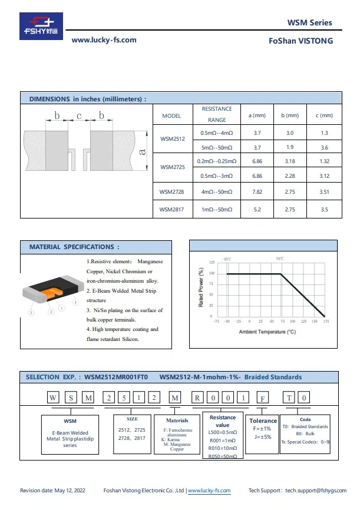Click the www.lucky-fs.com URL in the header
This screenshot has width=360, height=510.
[x=104, y=40]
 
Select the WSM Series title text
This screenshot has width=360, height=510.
[x=309, y=23]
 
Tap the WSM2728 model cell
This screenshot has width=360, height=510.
[x=172, y=191]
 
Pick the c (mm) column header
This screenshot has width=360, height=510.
[x=324, y=115]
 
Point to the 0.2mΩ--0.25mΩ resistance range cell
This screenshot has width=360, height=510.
[x=217, y=161]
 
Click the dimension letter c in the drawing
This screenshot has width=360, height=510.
[x=78, y=116]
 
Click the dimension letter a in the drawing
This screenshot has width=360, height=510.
[x=141, y=152]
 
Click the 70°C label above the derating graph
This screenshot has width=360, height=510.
[x=280, y=259]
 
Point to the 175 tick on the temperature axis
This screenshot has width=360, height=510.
[x=326, y=322]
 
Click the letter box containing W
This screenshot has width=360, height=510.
[x=51, y=398]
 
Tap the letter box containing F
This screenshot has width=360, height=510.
[x=262, y=398]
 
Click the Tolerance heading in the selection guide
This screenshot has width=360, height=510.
[x=263, y=420]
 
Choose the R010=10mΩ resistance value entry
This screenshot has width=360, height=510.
[x=222, y=448]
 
